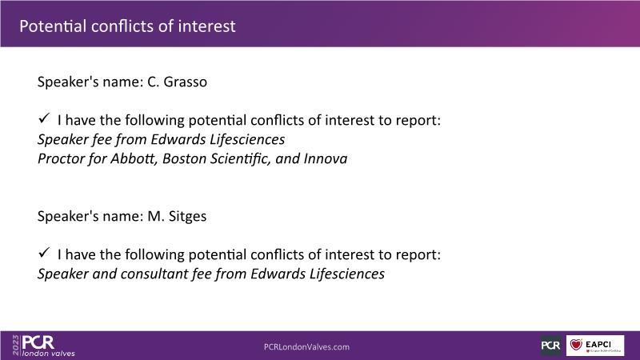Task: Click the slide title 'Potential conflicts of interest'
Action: tap(127, 26)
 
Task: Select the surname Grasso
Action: tap(186, 82)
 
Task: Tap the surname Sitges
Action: tap(187, 216)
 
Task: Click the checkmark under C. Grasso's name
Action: tap(44, 118)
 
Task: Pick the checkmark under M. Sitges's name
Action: tap(44, 253)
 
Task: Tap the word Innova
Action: tap(326, 158)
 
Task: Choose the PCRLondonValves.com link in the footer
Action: tap(306, 347)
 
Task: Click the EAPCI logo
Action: tap(595, 346)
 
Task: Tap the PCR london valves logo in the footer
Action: tap(48, 346)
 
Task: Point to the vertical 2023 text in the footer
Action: tap(15, 345)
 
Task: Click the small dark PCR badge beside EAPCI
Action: tap(551, 346)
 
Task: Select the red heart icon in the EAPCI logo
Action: tap(576, 345)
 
